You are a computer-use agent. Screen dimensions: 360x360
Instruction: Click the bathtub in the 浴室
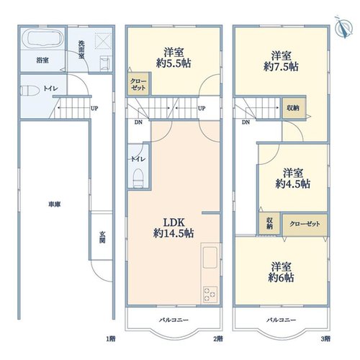click(x=42, y=38)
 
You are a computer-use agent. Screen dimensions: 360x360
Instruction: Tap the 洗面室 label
click(x=81, y=50)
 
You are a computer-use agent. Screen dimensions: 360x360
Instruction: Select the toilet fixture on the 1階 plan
click(x=30, y=91)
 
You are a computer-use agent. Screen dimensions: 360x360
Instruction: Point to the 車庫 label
click(x=55, y=204)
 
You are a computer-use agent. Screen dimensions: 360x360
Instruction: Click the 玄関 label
click(x=102, y=237)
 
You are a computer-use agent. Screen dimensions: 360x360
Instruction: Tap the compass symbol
click(x=344, y=27)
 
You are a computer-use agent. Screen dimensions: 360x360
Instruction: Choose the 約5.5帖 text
click(x=174, y=63)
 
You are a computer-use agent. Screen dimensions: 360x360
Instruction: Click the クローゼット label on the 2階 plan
click(x=138, y=84)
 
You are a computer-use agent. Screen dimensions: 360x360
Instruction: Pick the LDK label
click(x=174, y=222)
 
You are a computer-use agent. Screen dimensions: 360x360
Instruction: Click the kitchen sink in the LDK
click(x=210, y=257)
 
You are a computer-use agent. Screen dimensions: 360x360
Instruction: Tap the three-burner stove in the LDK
click(x=210, y=294)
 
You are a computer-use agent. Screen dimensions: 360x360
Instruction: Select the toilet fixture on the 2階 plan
click(x=138, y=178)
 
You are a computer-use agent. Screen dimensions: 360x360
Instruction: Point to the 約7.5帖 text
click(x=281, y=66)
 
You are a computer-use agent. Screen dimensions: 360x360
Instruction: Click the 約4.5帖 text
click(x=293, y=184)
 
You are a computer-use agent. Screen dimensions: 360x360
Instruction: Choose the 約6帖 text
click(x=281, y=277)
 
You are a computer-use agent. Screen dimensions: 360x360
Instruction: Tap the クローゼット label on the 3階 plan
click(x=305, y=224)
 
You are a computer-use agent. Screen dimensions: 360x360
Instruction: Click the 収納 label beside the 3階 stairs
click(x=293, y=108)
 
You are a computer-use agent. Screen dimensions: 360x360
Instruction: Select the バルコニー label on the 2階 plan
click(x=174, y=320)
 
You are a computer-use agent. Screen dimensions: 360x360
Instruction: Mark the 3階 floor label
click(x=325, y=339)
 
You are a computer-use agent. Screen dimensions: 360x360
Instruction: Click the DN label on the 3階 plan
click(x=246, y=122)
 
